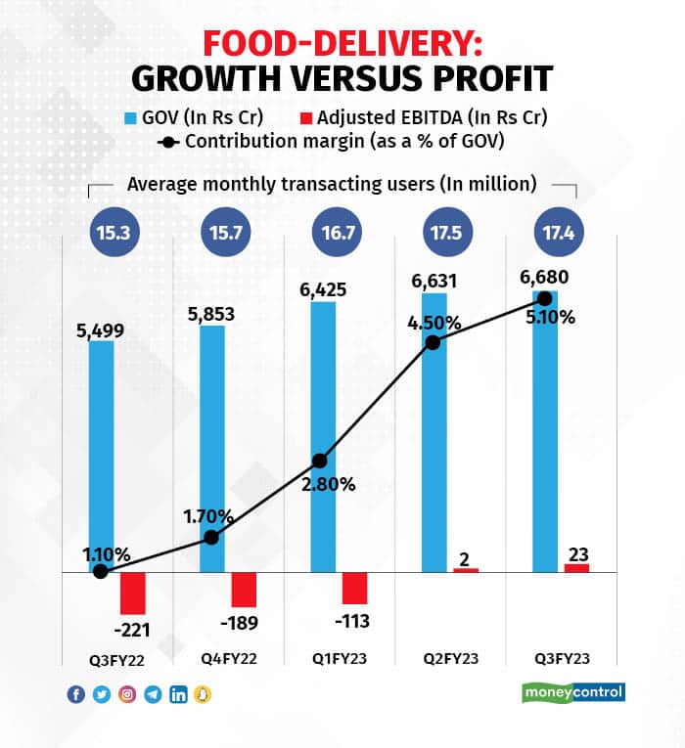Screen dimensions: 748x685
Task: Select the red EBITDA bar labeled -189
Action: (243, 589)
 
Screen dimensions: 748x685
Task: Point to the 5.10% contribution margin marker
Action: (545, 297)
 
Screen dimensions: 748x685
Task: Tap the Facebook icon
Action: (75, 694)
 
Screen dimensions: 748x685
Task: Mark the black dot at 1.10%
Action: (100, 572)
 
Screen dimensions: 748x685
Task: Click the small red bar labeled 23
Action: (550, 567)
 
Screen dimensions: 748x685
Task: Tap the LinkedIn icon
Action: (178, 694)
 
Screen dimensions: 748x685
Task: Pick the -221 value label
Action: (132, 629)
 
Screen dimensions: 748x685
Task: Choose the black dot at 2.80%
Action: (322, 461)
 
